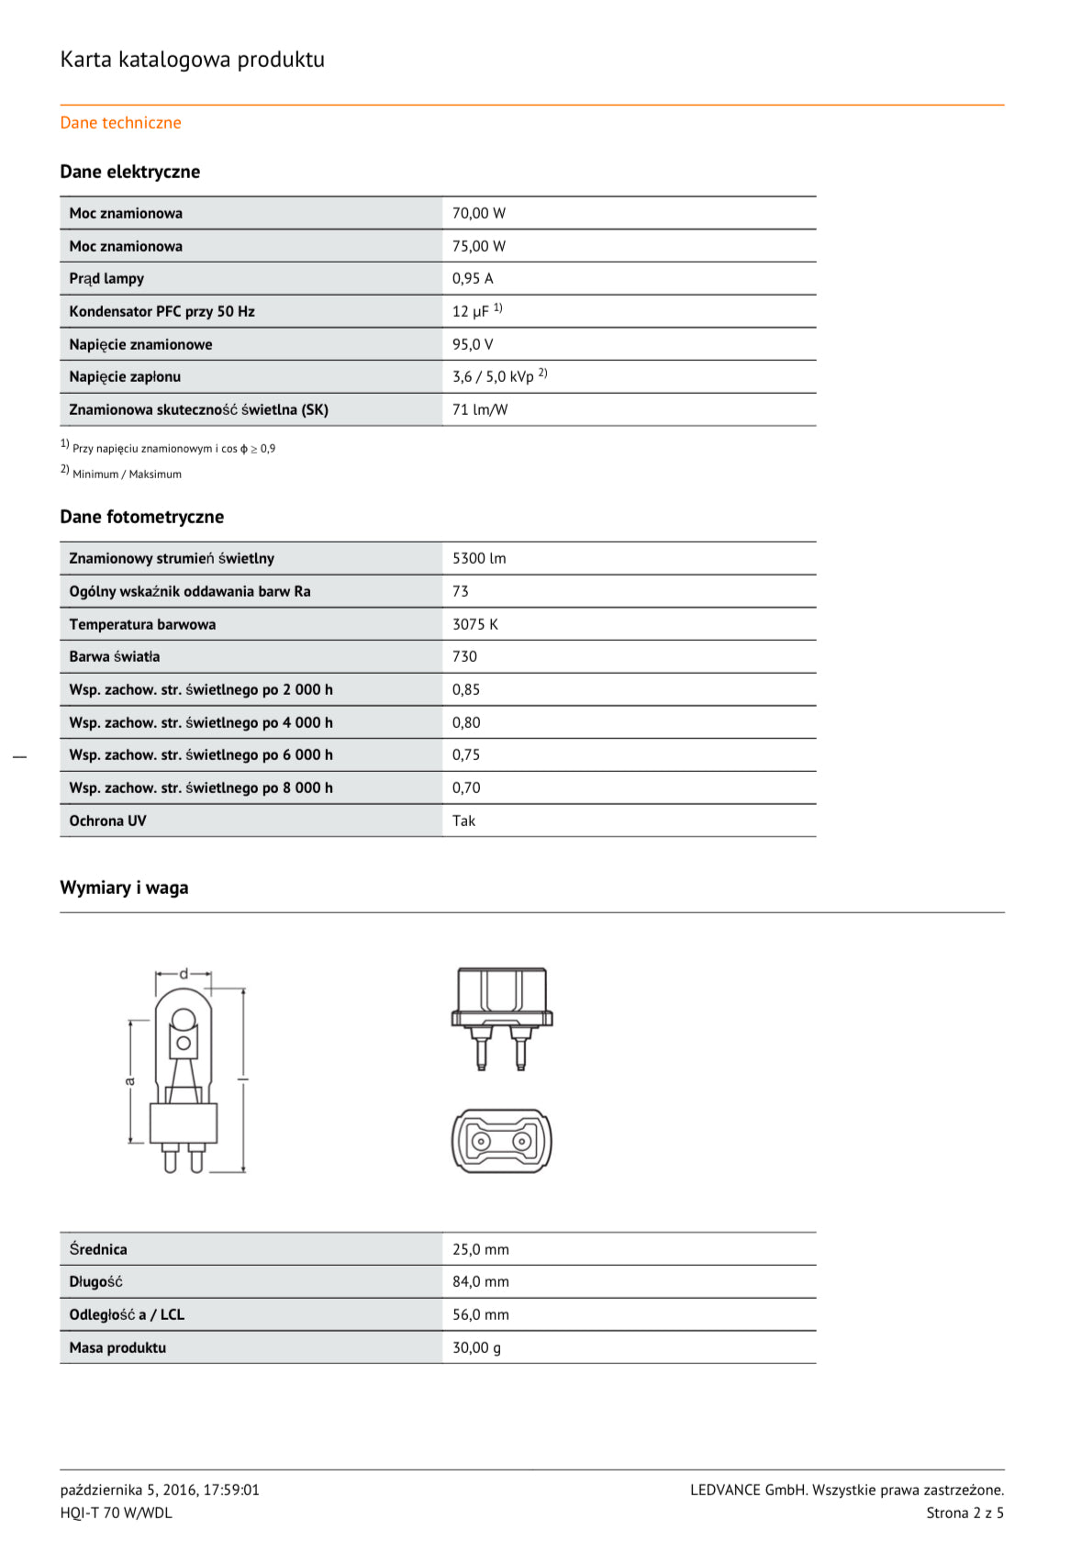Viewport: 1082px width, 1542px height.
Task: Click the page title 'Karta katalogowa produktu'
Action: point(192,60)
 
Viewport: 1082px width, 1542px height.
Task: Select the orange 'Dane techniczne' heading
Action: point(120,123)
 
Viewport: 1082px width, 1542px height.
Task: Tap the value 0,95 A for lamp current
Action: point(472,278)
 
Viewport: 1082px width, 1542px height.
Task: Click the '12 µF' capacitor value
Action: point(471,312)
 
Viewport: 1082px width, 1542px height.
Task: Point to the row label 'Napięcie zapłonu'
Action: point(125,377)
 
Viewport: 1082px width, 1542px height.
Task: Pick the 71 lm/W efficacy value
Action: point(479,409)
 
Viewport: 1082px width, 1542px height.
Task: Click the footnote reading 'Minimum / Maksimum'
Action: point(127,475)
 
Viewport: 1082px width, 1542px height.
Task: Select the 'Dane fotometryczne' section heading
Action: point(141,517)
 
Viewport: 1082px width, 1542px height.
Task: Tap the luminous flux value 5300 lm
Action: point(478,558)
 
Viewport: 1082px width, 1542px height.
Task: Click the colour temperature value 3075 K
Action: point(474,624)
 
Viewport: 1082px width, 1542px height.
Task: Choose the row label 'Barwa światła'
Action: point(114,656)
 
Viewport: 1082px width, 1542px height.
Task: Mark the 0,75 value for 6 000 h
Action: point(465,754)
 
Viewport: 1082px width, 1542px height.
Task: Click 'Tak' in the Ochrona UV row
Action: point(463,821)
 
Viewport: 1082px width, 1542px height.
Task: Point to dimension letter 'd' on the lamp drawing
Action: point(184,974)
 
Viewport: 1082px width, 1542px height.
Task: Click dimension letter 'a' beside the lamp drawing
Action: point(130,1081)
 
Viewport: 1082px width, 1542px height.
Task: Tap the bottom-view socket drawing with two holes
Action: point(501,1141)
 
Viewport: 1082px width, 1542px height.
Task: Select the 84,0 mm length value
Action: point(480,1281)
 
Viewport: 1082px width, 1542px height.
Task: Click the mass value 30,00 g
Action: point(476,1347)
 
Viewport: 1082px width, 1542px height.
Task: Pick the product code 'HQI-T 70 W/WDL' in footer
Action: point(116,1513)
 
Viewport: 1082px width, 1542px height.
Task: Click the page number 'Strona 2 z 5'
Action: point(965,1513)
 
